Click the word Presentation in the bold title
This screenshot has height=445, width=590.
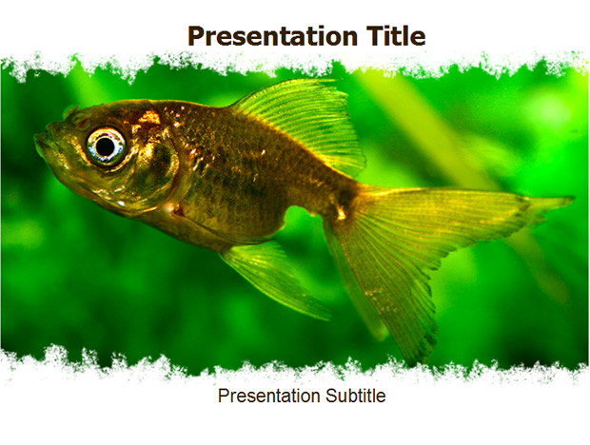[272, 36]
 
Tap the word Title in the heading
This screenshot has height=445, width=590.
[396, 36]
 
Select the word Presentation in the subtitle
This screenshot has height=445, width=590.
[269, 396]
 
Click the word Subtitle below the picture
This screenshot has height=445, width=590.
[356, 396]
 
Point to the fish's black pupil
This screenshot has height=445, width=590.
[106, 146]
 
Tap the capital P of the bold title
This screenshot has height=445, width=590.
[195, 36]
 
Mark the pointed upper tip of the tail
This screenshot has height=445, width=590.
[571, 198]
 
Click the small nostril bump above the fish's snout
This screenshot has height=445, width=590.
[71, 111]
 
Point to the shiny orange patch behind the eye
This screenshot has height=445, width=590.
[149, 117]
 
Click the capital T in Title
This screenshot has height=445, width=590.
[374, 36]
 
